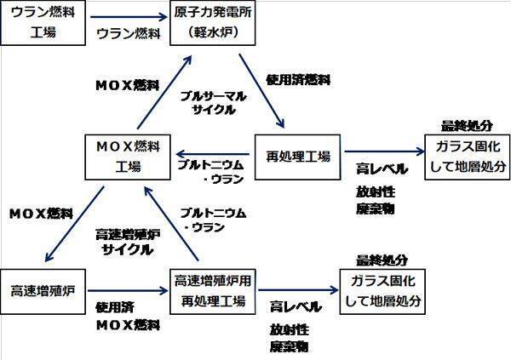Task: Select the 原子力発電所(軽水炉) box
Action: [x=215, y=22]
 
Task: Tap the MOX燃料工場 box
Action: [x=126, y=155]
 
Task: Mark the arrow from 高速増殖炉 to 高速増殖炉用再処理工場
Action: [x=129, y=289]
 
